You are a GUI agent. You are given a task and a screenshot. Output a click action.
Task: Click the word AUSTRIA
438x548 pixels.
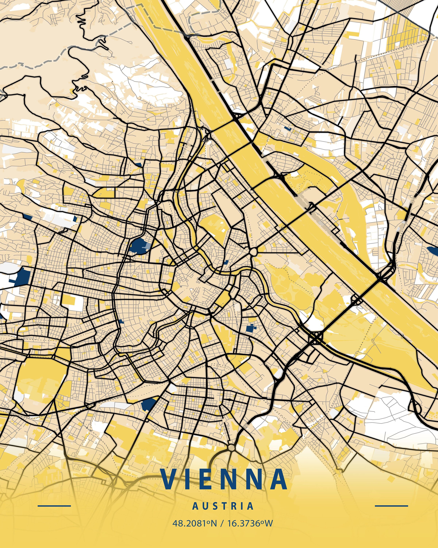click(223, 506)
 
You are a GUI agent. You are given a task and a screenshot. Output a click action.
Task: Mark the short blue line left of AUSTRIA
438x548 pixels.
click(54, 506)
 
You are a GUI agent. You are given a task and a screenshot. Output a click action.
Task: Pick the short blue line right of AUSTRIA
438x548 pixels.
click(391, 506)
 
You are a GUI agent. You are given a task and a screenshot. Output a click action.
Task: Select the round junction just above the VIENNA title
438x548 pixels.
click(231, 447)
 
